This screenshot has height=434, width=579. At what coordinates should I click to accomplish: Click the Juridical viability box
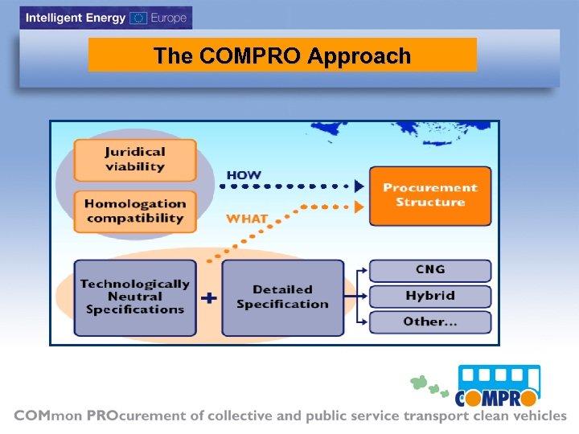coord(135,159)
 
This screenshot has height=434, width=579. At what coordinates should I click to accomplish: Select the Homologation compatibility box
coord(135,211)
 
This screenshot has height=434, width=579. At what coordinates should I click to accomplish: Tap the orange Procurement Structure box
coord(430,195)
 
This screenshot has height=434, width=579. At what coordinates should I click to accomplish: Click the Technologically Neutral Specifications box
coord(135,297)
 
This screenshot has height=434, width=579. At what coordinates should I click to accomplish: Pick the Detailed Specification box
coord(282,297)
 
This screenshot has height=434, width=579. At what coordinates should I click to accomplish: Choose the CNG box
coord(430,270)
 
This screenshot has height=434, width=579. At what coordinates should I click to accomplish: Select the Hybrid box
coord(430,296)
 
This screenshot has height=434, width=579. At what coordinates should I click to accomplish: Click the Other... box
coord(430,321)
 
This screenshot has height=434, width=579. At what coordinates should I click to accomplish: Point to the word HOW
coord(244,175)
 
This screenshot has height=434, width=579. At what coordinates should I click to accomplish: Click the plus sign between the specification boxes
coord(209,298)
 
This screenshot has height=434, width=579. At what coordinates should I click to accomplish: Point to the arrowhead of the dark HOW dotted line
coord(359,186)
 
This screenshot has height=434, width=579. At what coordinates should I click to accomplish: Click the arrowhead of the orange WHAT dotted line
coord(359,207)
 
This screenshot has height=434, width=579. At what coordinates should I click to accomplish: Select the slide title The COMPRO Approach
coord(282,55)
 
